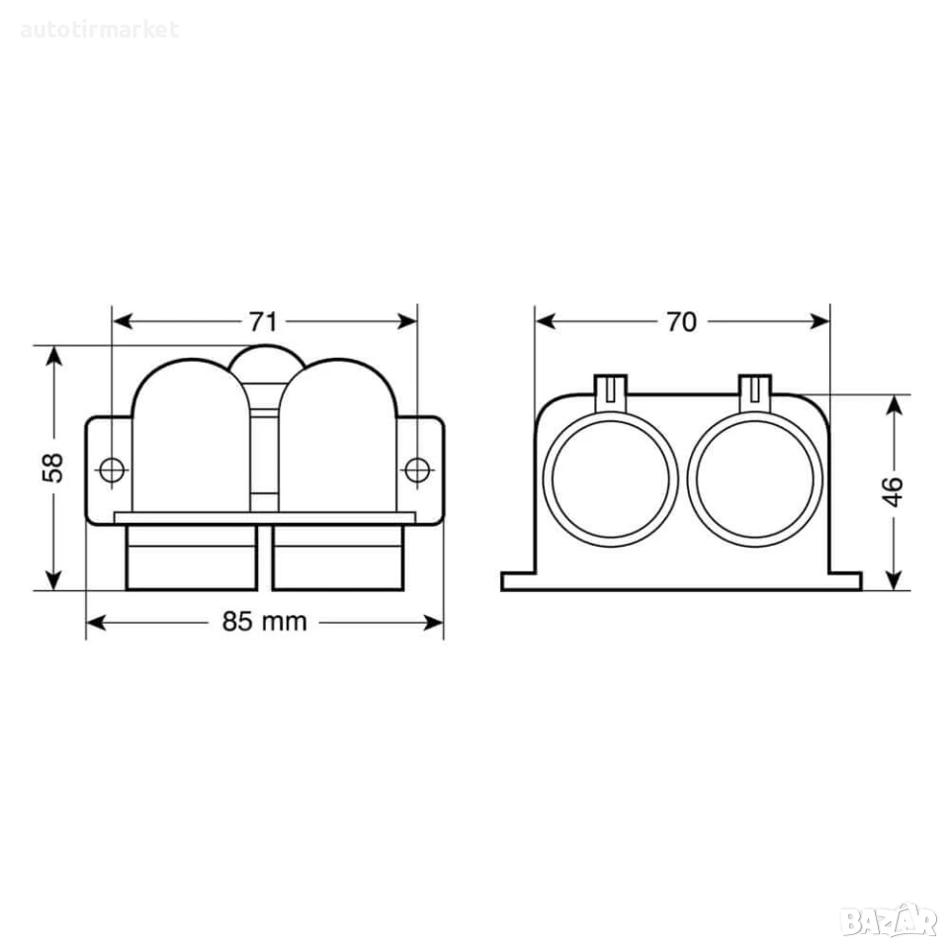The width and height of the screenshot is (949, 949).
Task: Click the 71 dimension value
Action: pos(263,322)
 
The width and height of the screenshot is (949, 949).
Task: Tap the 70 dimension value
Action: pos(681,322)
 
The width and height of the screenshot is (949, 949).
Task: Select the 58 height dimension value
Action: pos(53,468)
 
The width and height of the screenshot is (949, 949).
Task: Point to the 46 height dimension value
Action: pos(894,491)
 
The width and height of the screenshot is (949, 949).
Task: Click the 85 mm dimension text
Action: pos(265,622)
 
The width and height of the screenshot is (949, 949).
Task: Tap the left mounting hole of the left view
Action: pos(112,470)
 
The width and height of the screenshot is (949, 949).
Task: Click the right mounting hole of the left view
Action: pos(416,470)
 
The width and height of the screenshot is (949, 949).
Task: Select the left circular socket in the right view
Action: pos(611,478)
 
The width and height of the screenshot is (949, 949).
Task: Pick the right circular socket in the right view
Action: pos(754,478)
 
